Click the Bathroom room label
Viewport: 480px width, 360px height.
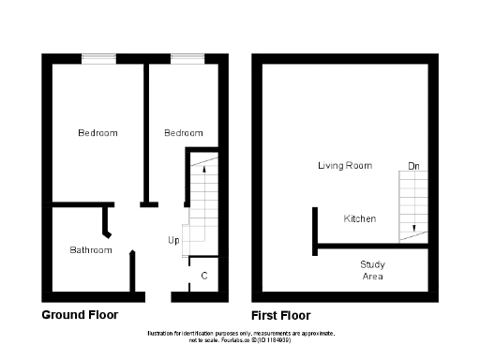pyautogui.click(x=91, y=250)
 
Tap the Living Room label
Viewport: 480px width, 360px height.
pyautogui.click(x=344, y=166)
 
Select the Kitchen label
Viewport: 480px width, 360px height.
pyautogui.click(x=360, y=218)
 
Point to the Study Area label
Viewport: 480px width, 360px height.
pyautogui.click(x=373, y=270)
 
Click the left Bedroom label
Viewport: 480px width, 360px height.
pyautogui.click(x=97, y=133)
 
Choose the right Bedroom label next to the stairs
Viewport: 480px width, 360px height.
pyautogui.click(x=184, y=133)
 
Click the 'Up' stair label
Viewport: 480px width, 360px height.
pyautogui.click(x=173, y=241)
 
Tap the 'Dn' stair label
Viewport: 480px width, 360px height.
pyautogui.click(x=413, y=167)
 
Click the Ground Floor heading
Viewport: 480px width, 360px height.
pyautogui.click(x=80, y=315)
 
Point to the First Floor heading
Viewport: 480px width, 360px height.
pyautogui.click(x=281, y=315)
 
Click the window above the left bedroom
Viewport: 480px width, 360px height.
pyautogui.click(x=97, y=59)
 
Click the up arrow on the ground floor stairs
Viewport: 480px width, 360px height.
pyautogui.click(x=204, y=171)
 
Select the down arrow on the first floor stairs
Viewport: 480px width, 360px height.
pyautogui.click(x=412, y=227)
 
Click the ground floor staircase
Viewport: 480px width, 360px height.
pyautogui.click(x=203, y=202)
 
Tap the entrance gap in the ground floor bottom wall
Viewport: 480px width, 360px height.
pyautogui.click(x=158, y=296)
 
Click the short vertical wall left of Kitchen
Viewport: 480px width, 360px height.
pyautogui.click(x=314, y=231)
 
